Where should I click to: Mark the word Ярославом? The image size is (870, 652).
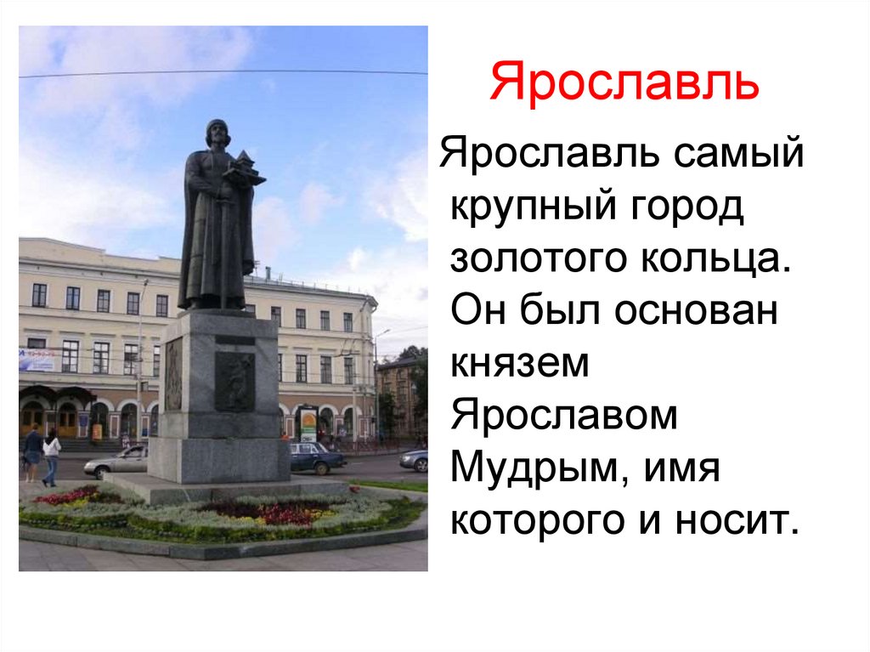[x=564, y=417]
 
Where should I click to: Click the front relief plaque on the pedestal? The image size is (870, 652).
[x=234, y=381]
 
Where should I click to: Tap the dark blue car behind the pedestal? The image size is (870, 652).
[x=316, y=457]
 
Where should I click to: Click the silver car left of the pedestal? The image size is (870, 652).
[x=118, y=462]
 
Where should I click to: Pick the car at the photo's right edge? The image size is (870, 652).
[x=415, y=460]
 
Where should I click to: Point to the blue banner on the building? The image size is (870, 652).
[x=39, y=360]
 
